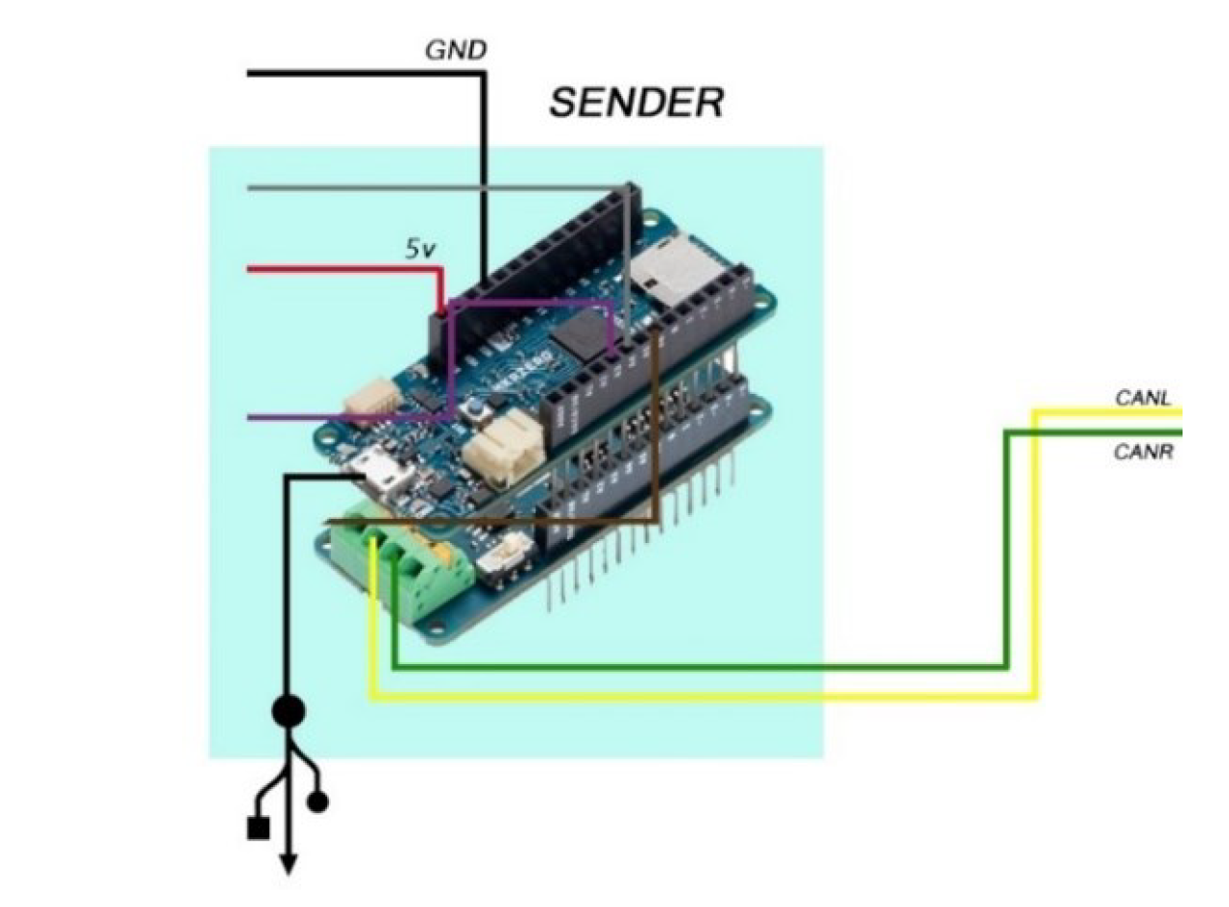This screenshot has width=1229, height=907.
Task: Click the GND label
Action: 456,50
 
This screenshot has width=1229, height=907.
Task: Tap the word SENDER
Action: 636,103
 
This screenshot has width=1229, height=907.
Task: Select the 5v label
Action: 420,250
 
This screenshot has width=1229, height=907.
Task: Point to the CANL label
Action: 1143,398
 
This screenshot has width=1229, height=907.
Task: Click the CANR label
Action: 1143,451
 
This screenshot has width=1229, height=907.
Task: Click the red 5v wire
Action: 339,269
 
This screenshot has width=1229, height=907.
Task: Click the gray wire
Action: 435,188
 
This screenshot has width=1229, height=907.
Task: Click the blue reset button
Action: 477,413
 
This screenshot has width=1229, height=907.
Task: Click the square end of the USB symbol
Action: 257,829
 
